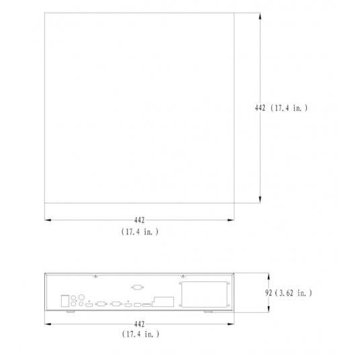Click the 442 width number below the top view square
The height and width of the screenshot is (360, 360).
[x=140, y=220]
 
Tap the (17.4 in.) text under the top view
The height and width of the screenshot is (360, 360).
[x=140, y=231]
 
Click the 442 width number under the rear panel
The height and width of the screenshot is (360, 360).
[x=140, y=323]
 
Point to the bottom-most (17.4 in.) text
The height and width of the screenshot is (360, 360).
[x=140, y=334]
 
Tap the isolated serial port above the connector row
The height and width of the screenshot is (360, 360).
[x=137, y=287]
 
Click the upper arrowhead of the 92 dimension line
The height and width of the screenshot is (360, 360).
[x=268, y=275]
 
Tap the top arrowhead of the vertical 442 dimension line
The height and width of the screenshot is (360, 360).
[x=261, y=18]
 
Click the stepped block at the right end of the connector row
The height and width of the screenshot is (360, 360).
[x=160, y=302]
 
